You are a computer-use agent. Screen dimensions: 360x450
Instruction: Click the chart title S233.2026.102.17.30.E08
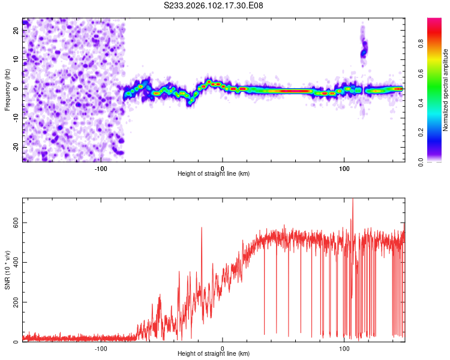pyautogui.click(x=214, y=5)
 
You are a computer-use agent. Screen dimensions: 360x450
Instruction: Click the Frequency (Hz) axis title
pyautogui.click(x=7, y=89)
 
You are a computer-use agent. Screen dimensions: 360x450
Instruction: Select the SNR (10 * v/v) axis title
pyautogui.click(x=7, y=269)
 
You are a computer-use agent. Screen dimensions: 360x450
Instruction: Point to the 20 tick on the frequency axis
pyautogui.click(x=16, y=31)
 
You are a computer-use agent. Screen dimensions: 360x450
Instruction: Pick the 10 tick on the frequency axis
pyautogui.click(x=16, y=60)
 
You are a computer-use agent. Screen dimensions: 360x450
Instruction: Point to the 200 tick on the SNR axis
pyautogui.click(x=14, y=302)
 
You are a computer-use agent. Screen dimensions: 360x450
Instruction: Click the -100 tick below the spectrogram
pyautogui.click(x=101, y=167)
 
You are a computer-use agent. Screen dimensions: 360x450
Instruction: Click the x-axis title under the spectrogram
pyautogui.click(x=214, y=174)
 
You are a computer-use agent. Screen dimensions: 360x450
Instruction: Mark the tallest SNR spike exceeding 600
pyautogui.click(x=353, y=202)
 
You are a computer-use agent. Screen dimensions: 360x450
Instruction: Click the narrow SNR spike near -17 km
pyautogui.click(x=202, y=229)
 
